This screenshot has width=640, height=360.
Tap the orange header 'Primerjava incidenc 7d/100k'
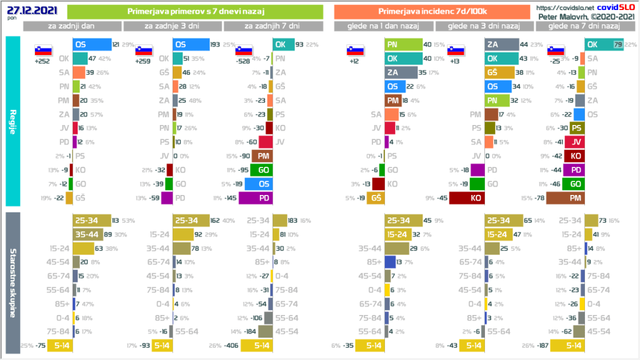coord(432,11)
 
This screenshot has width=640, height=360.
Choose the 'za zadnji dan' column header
coord(72,26)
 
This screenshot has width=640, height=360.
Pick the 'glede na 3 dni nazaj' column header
coord(486,26)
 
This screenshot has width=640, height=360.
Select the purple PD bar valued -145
coord(257,197)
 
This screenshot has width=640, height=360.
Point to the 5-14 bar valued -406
coord(256,346)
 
